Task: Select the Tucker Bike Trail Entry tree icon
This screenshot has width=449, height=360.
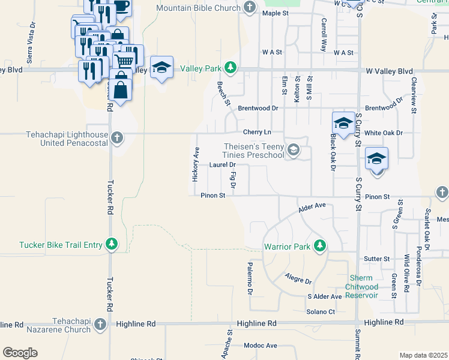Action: point(111,244)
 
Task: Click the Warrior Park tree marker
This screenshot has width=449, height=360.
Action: point(320,246)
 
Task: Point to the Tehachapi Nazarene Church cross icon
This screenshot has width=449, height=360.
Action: point(100,324)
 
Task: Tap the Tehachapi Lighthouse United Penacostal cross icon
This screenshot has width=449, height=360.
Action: point(117,138)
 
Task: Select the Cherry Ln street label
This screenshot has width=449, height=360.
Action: point(258,132)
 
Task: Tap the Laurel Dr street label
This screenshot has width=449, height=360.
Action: point(222,164)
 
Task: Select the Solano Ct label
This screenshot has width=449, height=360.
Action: point(321,311)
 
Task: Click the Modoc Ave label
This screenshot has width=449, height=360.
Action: point(261,346)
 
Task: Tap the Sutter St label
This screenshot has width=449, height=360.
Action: point(377,259)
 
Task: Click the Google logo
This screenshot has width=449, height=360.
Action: point(20,353)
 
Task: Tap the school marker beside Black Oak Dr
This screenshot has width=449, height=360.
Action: point(343,124)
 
